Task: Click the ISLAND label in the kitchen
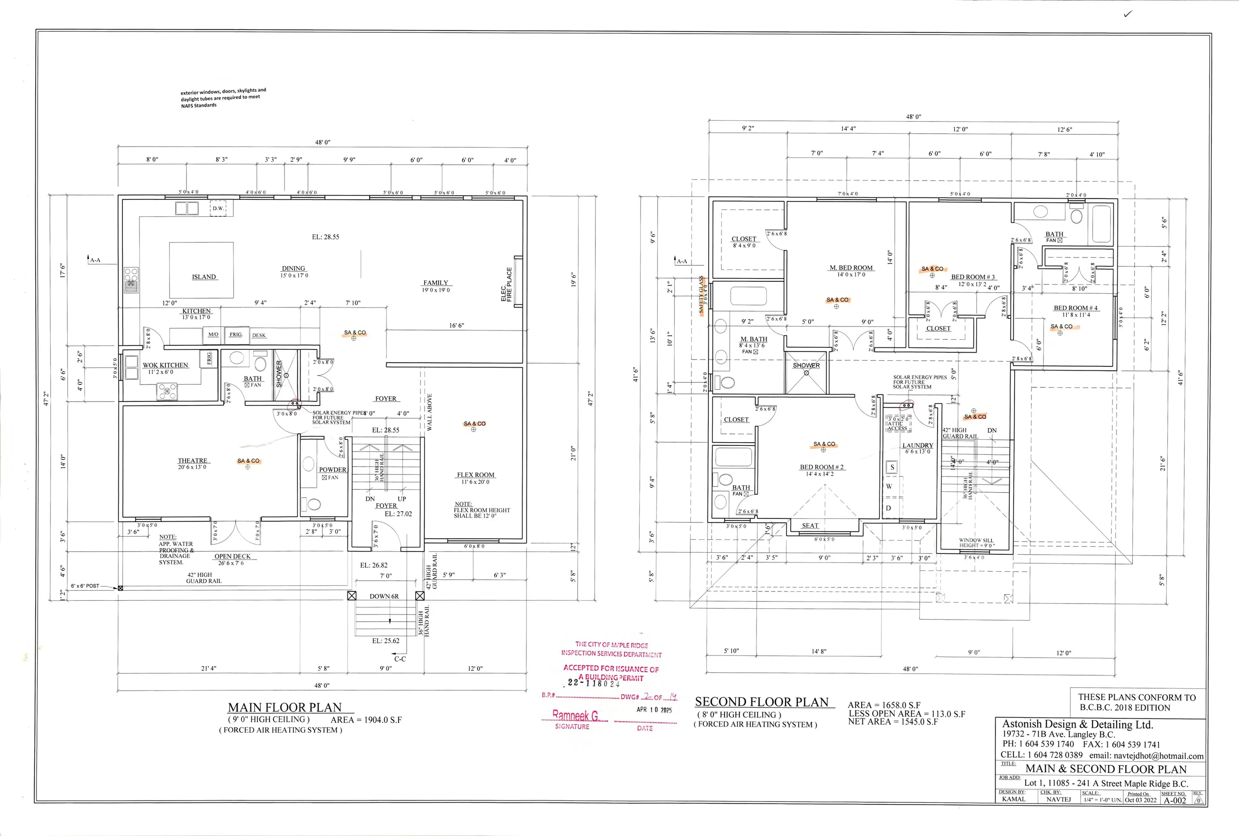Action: [x=204, y=277]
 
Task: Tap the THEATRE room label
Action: [x=192, y=461]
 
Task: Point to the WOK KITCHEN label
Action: [x=165, y=365]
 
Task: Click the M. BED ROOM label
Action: [x=851, y=268]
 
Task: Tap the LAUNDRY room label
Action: [x=918, y=445]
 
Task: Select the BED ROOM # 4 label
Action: [x=1075, y=307]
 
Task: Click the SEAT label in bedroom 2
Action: [x=810, y=526]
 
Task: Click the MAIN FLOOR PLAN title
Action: [x=285, y=708]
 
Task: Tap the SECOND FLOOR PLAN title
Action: [x=761, y=702]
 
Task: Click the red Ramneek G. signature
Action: [x=575, y=715]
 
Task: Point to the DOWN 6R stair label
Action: [x=384, y=596]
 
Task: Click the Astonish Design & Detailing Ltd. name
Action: [x=1077, y=724]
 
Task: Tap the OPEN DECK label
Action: [x=232, y=556]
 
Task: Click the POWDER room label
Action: [x=332, y=470]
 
